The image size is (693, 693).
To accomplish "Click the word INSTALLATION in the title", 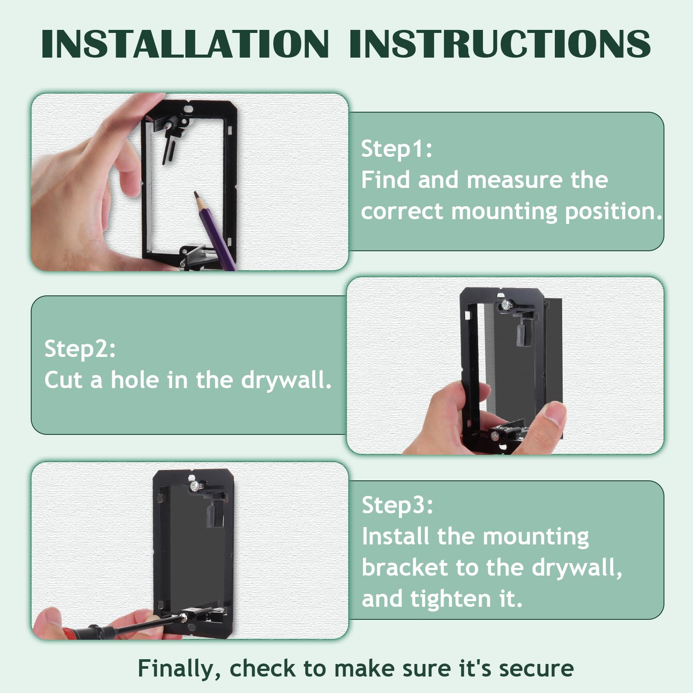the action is [x=185, y=44].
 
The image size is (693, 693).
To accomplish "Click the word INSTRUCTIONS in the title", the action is [x=500, y=44].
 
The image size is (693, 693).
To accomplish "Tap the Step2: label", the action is [x=80, y=349].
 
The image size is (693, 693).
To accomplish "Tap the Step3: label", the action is [x=397, y=505].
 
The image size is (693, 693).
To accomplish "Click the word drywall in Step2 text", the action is [x=286, y=380].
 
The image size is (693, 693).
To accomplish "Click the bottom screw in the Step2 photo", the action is [x=495, y=435].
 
